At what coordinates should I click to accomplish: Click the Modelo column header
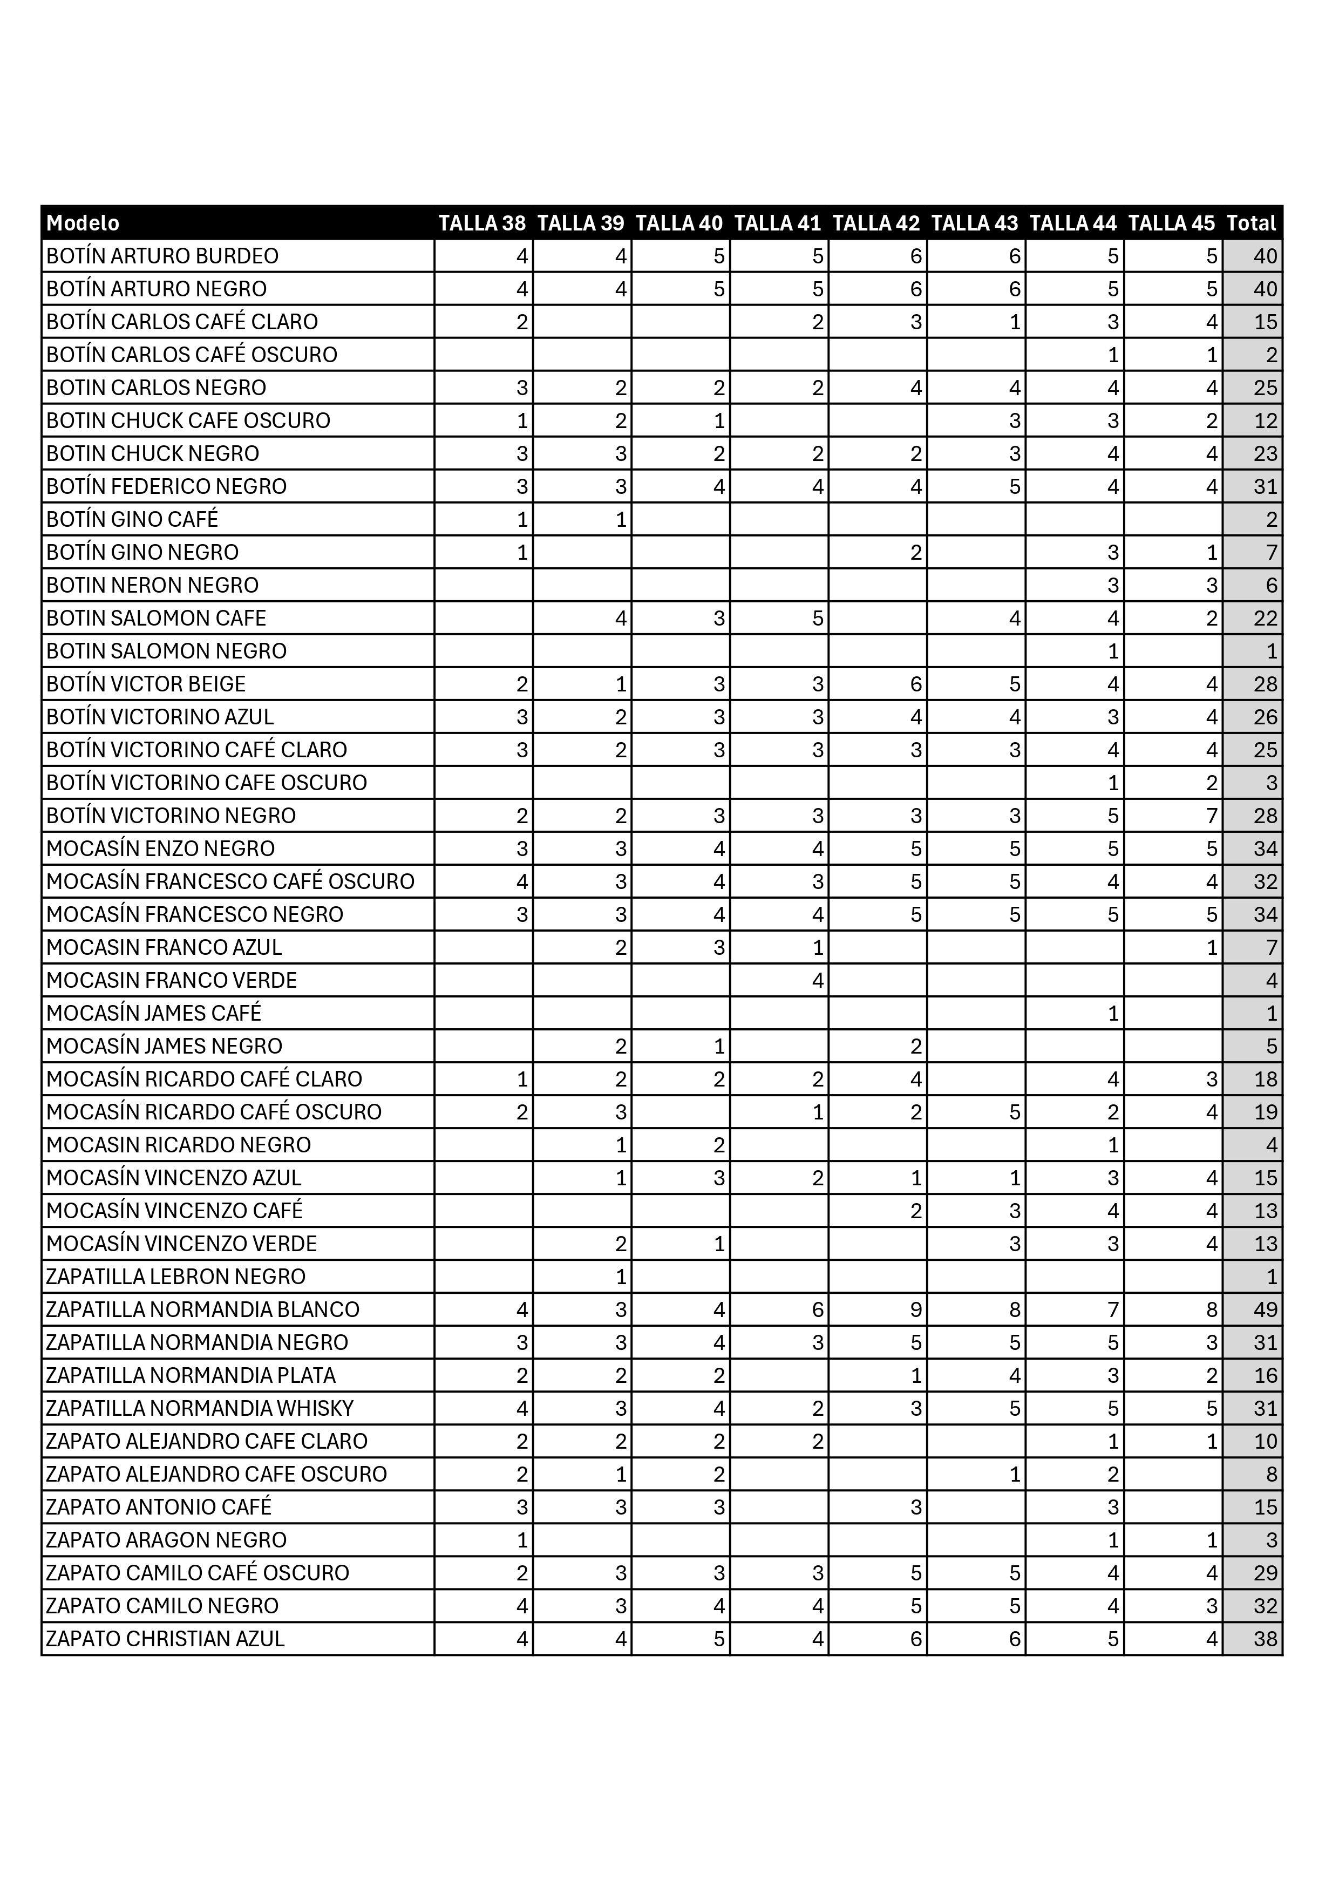click(83, 223)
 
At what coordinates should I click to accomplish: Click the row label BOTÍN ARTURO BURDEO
click(162, 256)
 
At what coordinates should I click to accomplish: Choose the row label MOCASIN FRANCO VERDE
click(172, 980)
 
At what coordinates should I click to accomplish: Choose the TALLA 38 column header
click(482, 223)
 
